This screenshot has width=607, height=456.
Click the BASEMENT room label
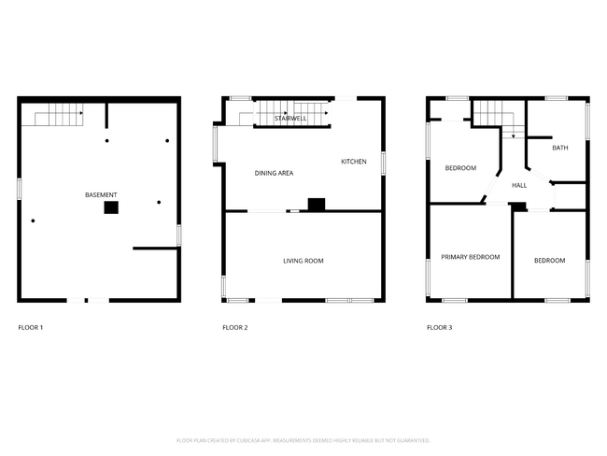click(x=101, y=194)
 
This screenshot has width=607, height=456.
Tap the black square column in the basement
click(x=111, y=207)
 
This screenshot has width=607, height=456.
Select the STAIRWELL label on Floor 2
click(x=290, y=119)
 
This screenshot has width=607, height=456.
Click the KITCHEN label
click(x=353, y=162)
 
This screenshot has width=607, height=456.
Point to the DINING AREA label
click(x=275, y=173)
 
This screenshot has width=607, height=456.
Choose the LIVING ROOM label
click(x=303, y=261)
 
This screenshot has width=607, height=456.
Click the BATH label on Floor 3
click(x=559, y=148)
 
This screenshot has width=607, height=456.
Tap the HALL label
click(x=519, y=185)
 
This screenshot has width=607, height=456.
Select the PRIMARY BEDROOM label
click(x=470, y=257)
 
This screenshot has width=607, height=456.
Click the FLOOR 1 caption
click(x=31, y=328)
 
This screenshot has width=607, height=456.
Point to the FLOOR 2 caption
click(x=235, y=328)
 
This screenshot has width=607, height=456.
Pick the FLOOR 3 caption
click(x=439, y=328)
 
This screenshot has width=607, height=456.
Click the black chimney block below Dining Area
click(x=317, y=204)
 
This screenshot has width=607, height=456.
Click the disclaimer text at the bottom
click(x=303, y=440)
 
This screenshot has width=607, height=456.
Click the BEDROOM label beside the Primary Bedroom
click(x=549, y=261)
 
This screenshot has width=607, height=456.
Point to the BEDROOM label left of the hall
click(x=459, y=168)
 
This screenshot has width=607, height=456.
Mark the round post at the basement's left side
click(x=33, y=221)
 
